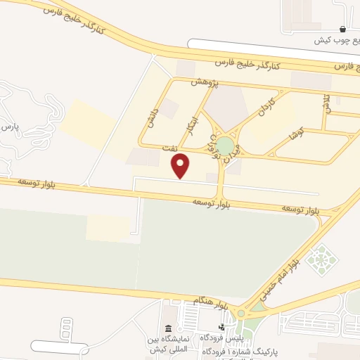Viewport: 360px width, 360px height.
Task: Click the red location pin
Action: tap(181, 166)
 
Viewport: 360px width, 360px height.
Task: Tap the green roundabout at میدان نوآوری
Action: tap(225, 146)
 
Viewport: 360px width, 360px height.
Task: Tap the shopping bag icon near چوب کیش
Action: tap(342, 30)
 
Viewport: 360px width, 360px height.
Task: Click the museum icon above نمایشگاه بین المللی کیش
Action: tap(168, 328)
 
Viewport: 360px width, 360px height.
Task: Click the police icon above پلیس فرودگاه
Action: tap(221, 327)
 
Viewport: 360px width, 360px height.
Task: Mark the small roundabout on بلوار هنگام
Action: tap(242, 314)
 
